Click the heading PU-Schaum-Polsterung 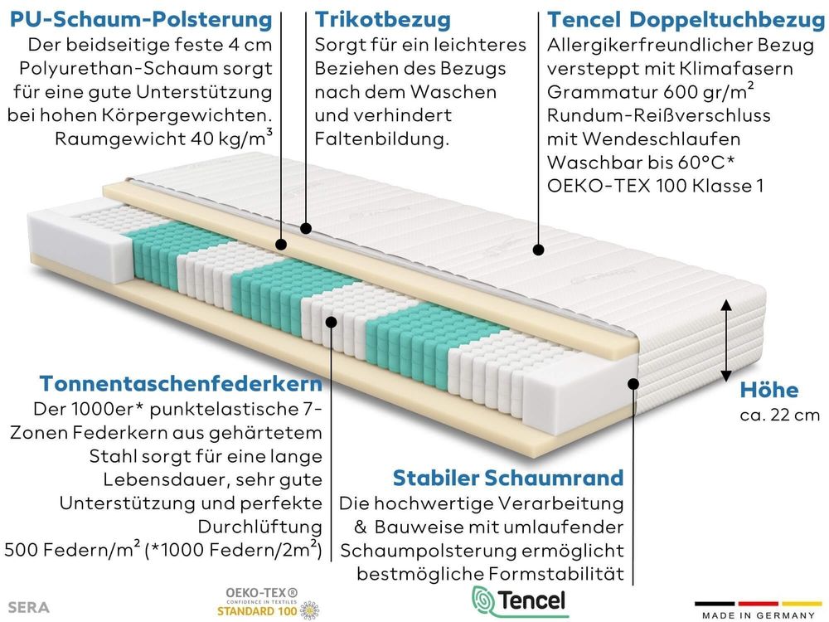141,20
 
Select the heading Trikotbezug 383,20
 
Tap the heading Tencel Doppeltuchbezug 686,20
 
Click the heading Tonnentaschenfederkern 181,383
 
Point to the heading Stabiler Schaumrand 508,477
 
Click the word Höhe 769,390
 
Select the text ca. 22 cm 780,415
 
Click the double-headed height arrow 726,340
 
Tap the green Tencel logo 519,601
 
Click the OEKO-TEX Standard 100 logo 268,603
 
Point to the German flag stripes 759,604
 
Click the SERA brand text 29,607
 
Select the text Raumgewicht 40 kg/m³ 163,138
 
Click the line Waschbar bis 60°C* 641,162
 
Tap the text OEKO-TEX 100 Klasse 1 656,185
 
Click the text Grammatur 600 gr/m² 651,91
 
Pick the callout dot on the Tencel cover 538,250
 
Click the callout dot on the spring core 332,322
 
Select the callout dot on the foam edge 633,384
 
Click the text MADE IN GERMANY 759,615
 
